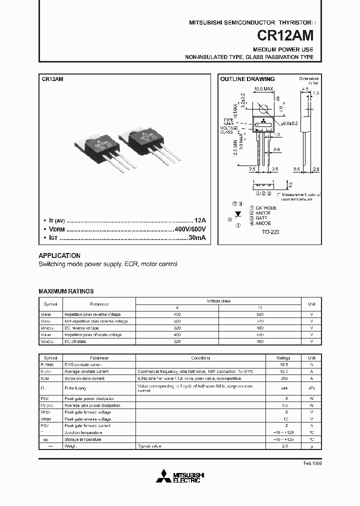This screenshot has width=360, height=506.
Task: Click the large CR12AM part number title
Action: (x=286, y=36)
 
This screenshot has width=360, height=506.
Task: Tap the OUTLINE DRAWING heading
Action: (x=247, y=79)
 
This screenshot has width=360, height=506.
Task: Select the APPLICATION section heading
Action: (x=59, y=255)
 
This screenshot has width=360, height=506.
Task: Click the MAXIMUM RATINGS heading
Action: (x=66, y=291)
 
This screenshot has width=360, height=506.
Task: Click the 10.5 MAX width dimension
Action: (x=263, y=89)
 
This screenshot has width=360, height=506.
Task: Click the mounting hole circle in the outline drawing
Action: (x=263, y=109)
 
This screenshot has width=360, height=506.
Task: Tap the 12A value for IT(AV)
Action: (x=199, y=220)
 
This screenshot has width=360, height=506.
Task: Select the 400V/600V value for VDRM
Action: (x=190, y=228)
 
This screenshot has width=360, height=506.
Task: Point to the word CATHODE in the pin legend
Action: (x=265, y=207)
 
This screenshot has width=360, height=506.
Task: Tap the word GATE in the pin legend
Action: (x=261, y=218)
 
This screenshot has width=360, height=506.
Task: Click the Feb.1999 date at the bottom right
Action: (x=312, y=463)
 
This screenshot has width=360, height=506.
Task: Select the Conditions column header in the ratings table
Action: (x=200, y=358)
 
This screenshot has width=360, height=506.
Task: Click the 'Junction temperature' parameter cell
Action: (x=83, y=432)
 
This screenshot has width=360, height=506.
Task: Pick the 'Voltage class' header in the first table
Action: (x=218, y=301)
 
